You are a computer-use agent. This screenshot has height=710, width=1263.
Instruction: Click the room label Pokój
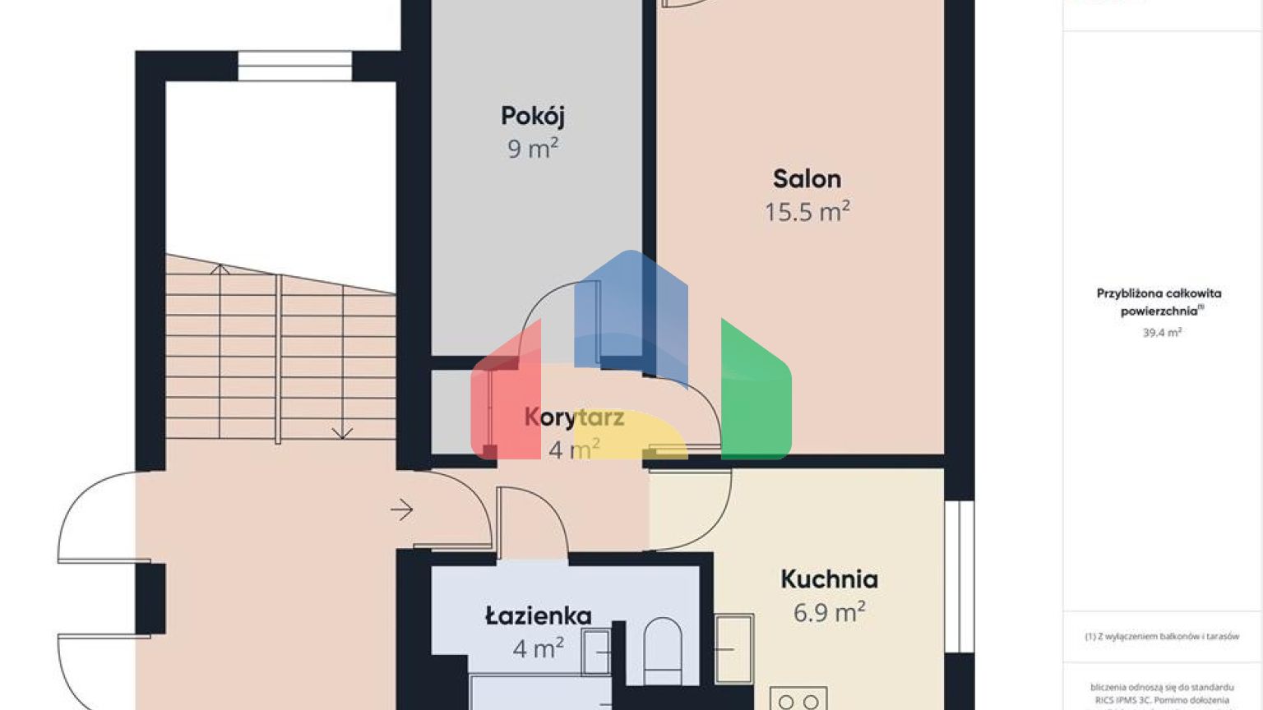(532, 116)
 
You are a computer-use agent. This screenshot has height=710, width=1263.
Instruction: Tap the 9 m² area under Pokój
(532, 149)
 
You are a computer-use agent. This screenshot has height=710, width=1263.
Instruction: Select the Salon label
(807, 179)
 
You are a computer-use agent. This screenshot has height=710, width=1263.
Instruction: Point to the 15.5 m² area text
(807, 212)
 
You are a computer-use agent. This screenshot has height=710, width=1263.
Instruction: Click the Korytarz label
(574, 417)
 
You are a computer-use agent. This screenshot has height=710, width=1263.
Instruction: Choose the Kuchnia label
(829, 579)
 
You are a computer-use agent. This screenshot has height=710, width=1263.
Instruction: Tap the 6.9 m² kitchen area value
(829, 612)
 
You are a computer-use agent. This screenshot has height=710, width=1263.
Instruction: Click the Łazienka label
(538, 615)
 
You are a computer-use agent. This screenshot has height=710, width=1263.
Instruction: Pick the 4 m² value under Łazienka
(538, 648)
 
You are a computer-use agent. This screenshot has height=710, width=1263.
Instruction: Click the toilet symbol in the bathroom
(662, 649)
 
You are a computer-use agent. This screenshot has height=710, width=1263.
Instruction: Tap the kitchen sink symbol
(733, 649)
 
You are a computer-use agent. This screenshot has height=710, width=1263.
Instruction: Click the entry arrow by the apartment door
(401, 510)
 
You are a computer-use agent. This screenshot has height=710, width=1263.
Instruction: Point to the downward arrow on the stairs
(342, 431)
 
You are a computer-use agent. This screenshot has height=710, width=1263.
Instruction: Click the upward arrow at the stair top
(220, 269)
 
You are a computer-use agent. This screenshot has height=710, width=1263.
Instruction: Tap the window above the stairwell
(294, 66)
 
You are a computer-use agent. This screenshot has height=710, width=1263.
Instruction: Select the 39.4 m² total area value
(1161, 333)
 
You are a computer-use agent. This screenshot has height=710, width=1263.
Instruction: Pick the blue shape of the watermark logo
(631, 312)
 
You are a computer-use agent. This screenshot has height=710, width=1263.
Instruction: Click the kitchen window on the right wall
(959, 575)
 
